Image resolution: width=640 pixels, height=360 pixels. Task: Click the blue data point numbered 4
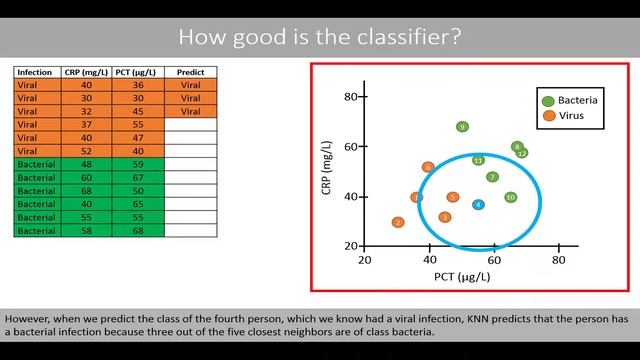point(478,204)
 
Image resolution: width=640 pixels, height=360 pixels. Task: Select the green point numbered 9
point(462,127)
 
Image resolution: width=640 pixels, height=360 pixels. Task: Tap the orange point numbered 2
point(398,222)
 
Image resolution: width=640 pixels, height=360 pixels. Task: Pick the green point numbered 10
point(511,197)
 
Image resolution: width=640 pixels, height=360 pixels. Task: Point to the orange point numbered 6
point(428,167)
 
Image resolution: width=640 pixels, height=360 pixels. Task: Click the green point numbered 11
point(478,160)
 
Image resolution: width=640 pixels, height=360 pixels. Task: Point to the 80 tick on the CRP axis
point(351,96)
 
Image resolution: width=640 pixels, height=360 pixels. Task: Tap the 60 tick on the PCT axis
point(494,259)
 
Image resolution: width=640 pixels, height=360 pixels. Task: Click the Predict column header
point(190,73)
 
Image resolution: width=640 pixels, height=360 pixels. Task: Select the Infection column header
point(36,73)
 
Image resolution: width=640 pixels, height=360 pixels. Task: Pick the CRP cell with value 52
point(85,150)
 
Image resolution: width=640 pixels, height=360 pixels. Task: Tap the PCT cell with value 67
point(138,176)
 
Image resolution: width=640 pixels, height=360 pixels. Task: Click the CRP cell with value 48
point(85,163)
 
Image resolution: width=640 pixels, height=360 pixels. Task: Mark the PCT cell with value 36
point(138,85)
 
